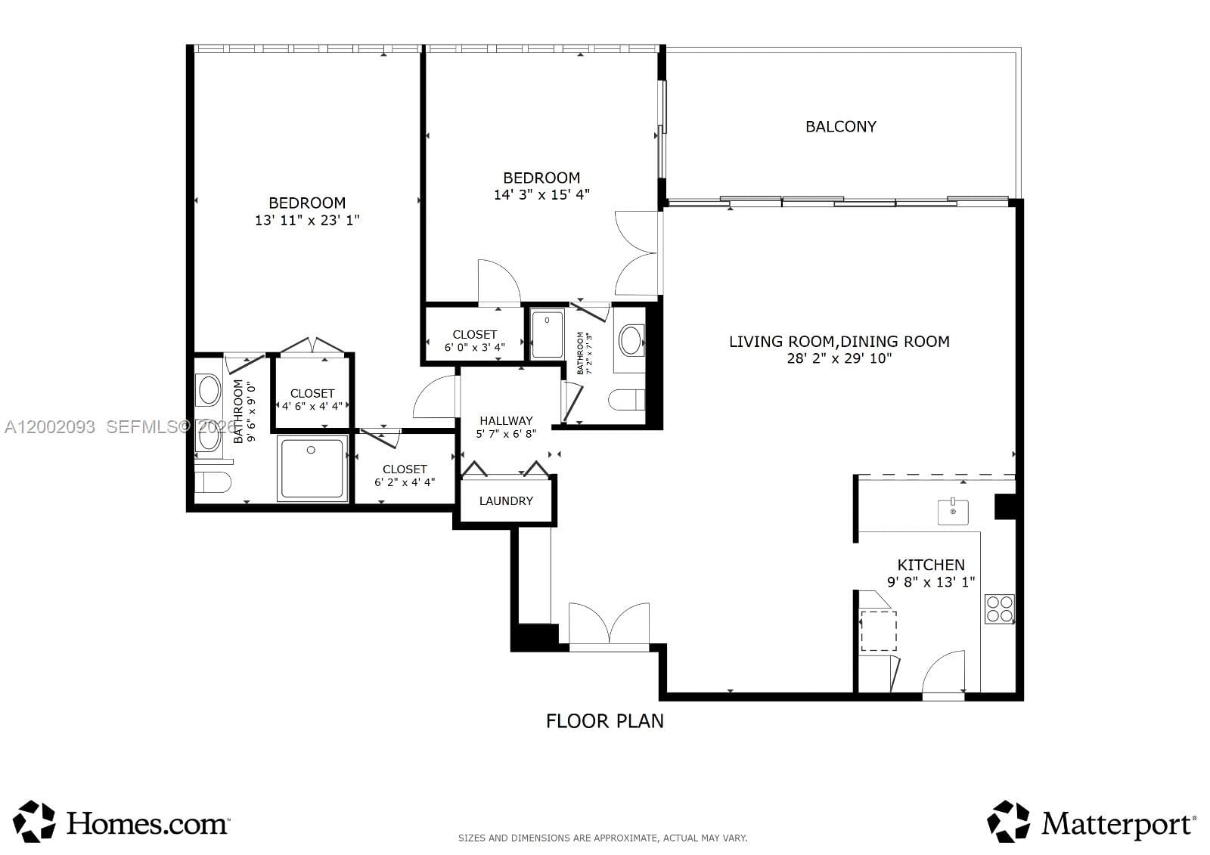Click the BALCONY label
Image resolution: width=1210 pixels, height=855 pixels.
[x=840, y=127]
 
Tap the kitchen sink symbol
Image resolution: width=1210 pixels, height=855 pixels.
[x=953, y=512]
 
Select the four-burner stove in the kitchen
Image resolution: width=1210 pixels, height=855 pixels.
[x=999, y=609]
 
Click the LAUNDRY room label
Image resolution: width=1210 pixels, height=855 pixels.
[x=506, y=501]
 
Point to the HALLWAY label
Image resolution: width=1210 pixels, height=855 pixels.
[x=506, y=420]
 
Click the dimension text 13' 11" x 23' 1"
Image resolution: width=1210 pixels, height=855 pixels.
[x=307, y=220]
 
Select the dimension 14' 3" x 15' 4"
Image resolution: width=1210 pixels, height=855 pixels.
[x=541, y=194]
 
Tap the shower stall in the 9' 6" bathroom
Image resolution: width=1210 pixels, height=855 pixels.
[x=312, y=467]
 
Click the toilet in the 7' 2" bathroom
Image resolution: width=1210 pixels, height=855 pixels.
[x=627, y=399]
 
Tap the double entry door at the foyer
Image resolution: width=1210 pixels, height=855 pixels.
[x=609, y=624]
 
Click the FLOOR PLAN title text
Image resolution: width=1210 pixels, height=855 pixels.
[x=604, y=720]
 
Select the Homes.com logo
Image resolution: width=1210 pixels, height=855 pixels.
[x=121, y=822]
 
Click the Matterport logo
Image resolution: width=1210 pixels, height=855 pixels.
[x=1091, y=822]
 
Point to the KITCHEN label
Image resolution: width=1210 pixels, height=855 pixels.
[x=930, y=565]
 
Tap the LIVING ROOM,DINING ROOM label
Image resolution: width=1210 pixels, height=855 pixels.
[x=839, y=342]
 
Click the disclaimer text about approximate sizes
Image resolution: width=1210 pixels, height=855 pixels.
[x=603, y=838]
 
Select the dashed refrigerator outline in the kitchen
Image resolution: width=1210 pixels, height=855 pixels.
[x=878, y=630]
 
